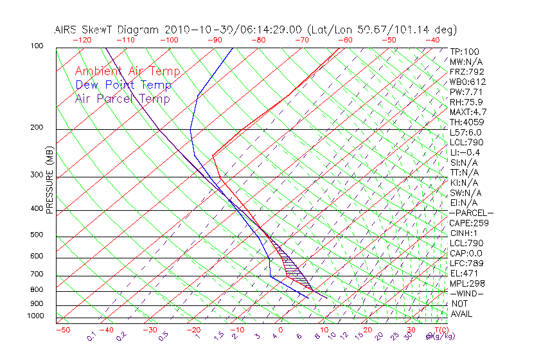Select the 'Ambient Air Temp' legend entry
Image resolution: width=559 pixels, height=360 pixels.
(x=127, y=71)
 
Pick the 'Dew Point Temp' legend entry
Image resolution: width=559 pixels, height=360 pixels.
(x=123, y=85)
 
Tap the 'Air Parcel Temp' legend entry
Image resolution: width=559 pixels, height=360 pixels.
(x=122, y=98)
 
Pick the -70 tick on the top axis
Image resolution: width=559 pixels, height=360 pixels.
(x=301, y=40)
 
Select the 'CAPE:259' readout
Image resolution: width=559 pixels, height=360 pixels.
(x=469, y=223)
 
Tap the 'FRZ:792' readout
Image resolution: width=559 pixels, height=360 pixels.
(x=467, y=71)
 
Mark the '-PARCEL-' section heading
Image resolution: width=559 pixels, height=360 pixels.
(x=471, y=213)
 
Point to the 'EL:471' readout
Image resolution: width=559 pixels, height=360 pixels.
(x=465, y=273)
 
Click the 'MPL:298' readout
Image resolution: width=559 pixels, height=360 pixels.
(x=467, y=283)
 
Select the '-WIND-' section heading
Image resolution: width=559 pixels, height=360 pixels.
(x=467, y=293)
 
